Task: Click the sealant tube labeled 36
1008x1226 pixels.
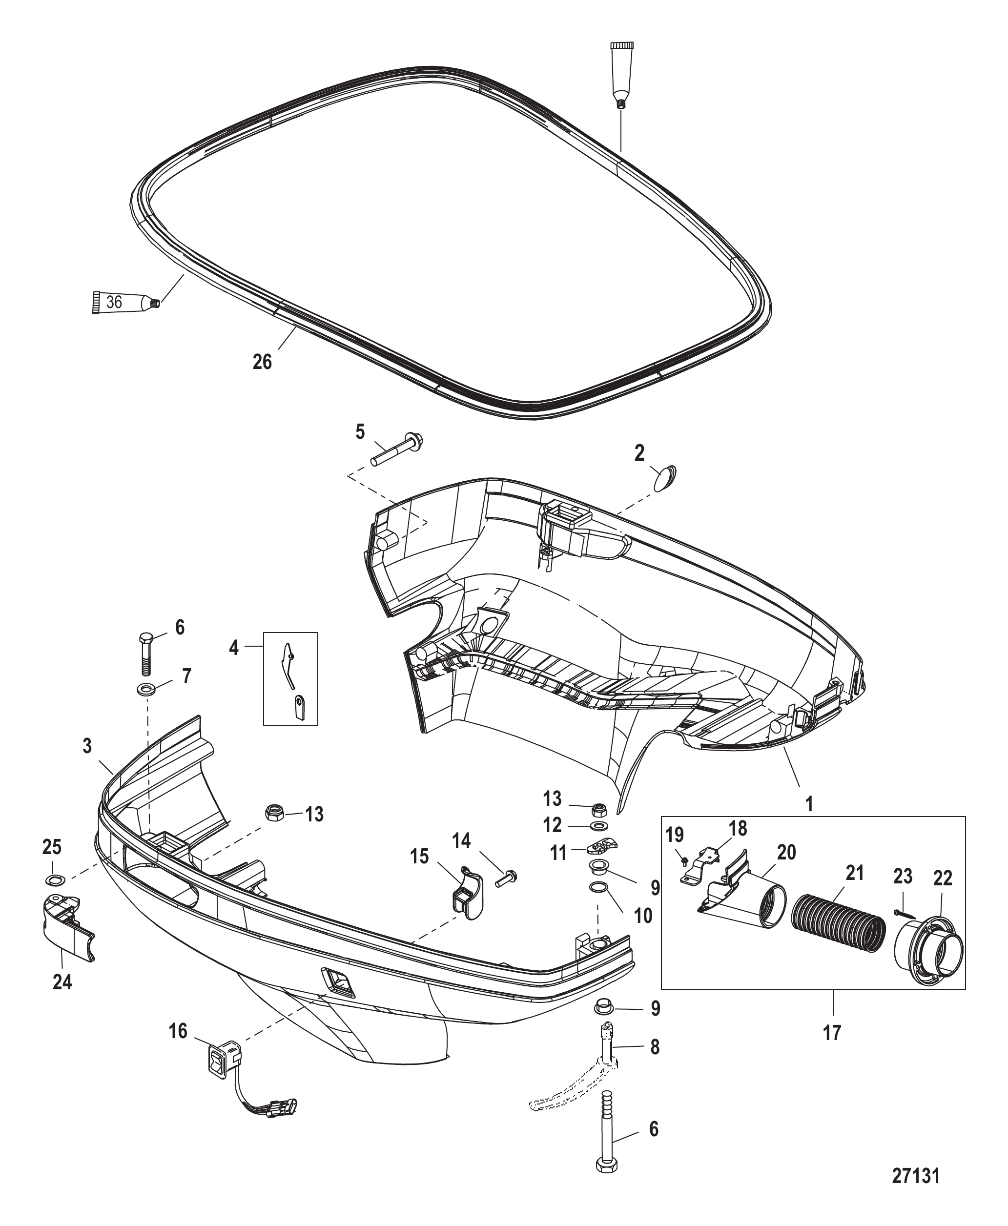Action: click(125, 303)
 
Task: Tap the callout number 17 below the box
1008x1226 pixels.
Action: click(832, 1033)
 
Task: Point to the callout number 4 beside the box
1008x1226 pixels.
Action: click(234, 648)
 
